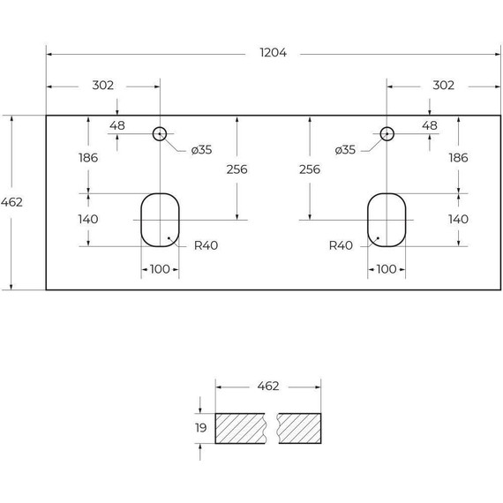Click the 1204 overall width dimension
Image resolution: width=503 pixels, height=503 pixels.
[273, 53]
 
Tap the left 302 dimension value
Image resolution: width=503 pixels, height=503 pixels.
[102, 86]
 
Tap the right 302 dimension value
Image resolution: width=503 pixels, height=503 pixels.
[443, 86]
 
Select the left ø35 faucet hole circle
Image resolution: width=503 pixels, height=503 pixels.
[160, 128]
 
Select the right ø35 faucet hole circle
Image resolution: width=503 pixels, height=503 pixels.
[387, 128]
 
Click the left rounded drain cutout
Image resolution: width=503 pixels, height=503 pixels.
[141, 220]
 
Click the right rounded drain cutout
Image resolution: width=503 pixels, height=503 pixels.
[368, 220]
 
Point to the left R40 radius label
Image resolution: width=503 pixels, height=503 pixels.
[206, 245]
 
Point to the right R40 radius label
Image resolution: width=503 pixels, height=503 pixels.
[341, 245]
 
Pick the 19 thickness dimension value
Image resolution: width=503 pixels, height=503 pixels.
[201, 428]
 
